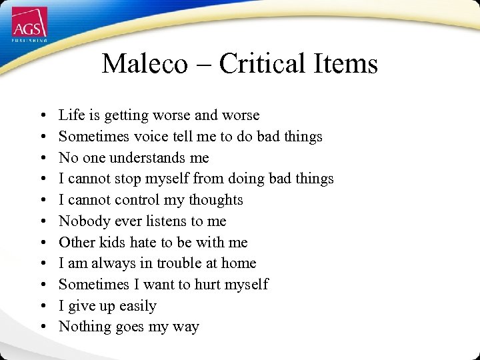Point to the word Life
(x=71, y=115)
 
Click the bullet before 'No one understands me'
(x=42, y=159)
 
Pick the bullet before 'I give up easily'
(x=42, y=307)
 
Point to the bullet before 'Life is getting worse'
(x=42, y=116)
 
